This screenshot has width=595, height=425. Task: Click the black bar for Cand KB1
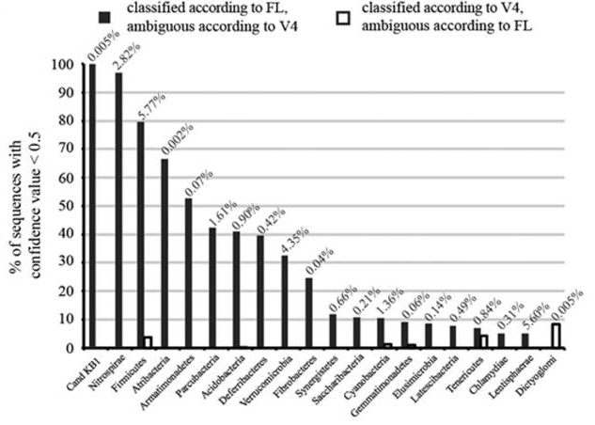coord(92,206)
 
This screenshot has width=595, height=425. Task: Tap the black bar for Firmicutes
coord(141,235)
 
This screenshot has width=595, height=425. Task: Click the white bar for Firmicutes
coord(148,342)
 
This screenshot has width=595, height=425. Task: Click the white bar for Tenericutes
coord(484,341)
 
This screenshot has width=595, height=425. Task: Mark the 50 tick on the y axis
coord(67,206)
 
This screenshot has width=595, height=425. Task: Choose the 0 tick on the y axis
coord(70,348)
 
